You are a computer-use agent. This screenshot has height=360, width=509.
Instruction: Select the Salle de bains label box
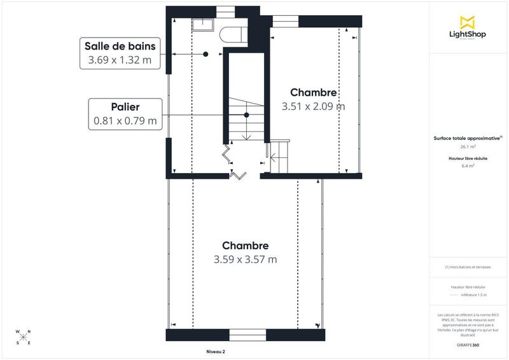coord(120,53)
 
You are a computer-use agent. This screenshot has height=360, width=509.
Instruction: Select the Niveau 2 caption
coord(216,352)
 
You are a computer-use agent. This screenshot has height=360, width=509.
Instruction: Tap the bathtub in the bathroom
coord(232,34)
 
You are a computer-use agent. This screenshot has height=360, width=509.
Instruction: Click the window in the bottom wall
coord(248,335)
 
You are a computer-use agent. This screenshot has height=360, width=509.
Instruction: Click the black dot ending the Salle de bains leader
coord(206,55)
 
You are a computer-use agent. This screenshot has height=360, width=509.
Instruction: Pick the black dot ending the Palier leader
coord(246,115)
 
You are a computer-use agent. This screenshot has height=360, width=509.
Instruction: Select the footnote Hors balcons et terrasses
coord(468,267)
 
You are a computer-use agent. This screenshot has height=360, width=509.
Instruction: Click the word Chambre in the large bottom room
coord(245,246)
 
